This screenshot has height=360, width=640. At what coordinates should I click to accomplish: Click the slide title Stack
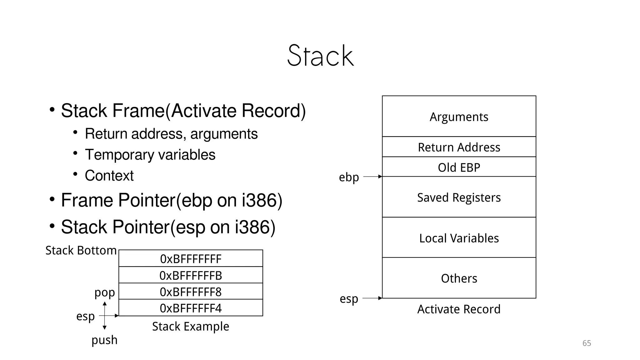pos(320,56)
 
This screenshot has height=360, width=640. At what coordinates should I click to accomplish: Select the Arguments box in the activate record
pos(459,117)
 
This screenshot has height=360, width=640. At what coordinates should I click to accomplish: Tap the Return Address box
pos(459,147)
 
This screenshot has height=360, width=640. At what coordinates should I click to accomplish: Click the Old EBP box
pos(459,167)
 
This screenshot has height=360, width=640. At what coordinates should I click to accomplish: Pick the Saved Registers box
pos(459,197)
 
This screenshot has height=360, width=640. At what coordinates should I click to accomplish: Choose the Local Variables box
pos(459,238)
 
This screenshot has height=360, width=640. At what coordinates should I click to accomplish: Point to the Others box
pos(459,278)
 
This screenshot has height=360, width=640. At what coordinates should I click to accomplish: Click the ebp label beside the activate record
pos(349,177)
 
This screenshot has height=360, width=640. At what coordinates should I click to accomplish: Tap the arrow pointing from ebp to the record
pos(372,177)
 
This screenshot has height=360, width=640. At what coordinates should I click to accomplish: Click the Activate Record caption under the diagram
pos(459,309)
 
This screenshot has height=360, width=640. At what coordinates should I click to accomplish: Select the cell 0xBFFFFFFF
pos(191,259)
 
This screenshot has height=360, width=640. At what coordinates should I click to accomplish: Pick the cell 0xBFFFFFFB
pos(191,275)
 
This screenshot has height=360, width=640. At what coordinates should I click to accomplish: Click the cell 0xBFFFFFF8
pos(191,292)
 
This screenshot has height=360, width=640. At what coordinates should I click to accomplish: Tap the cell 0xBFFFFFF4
pos(191,308)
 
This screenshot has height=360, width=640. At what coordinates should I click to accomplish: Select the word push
pos(104,340)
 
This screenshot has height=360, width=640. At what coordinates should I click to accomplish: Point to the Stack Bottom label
pos(81,250)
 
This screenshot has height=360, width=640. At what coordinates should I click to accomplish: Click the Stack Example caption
pos(191,326)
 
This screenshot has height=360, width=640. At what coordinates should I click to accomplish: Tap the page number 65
pos(587,343)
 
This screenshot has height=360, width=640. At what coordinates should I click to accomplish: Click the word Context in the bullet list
pos(109,175)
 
